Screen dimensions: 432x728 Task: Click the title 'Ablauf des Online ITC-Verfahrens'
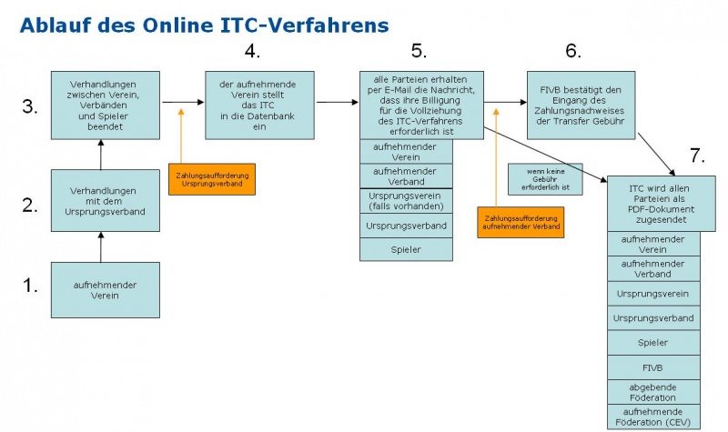pyautogui.click(x=204, y=25)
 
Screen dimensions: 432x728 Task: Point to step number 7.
pyautogui.click(x=697, y=155)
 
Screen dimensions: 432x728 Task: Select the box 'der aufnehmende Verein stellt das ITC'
pyautogui.click(x=259, y=105)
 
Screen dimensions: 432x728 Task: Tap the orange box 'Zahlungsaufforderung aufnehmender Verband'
pyautogui.click(x=520, y=222)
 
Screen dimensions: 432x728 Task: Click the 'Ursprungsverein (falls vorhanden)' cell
pyautogui.click(x=406, y=200)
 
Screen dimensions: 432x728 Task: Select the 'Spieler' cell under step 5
pyautogui.click(x=406, y=249)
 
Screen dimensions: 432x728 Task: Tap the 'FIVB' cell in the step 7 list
pyautogui.click(x=654, y=367)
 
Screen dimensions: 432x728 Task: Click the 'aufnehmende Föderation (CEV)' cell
pyautogui.click(x=654, y=417)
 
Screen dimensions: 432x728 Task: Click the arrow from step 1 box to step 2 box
pyautogui.click(x=101, y=246)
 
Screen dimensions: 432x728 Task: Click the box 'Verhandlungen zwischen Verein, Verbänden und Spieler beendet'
pyautogui.click(x=105, y=105)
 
